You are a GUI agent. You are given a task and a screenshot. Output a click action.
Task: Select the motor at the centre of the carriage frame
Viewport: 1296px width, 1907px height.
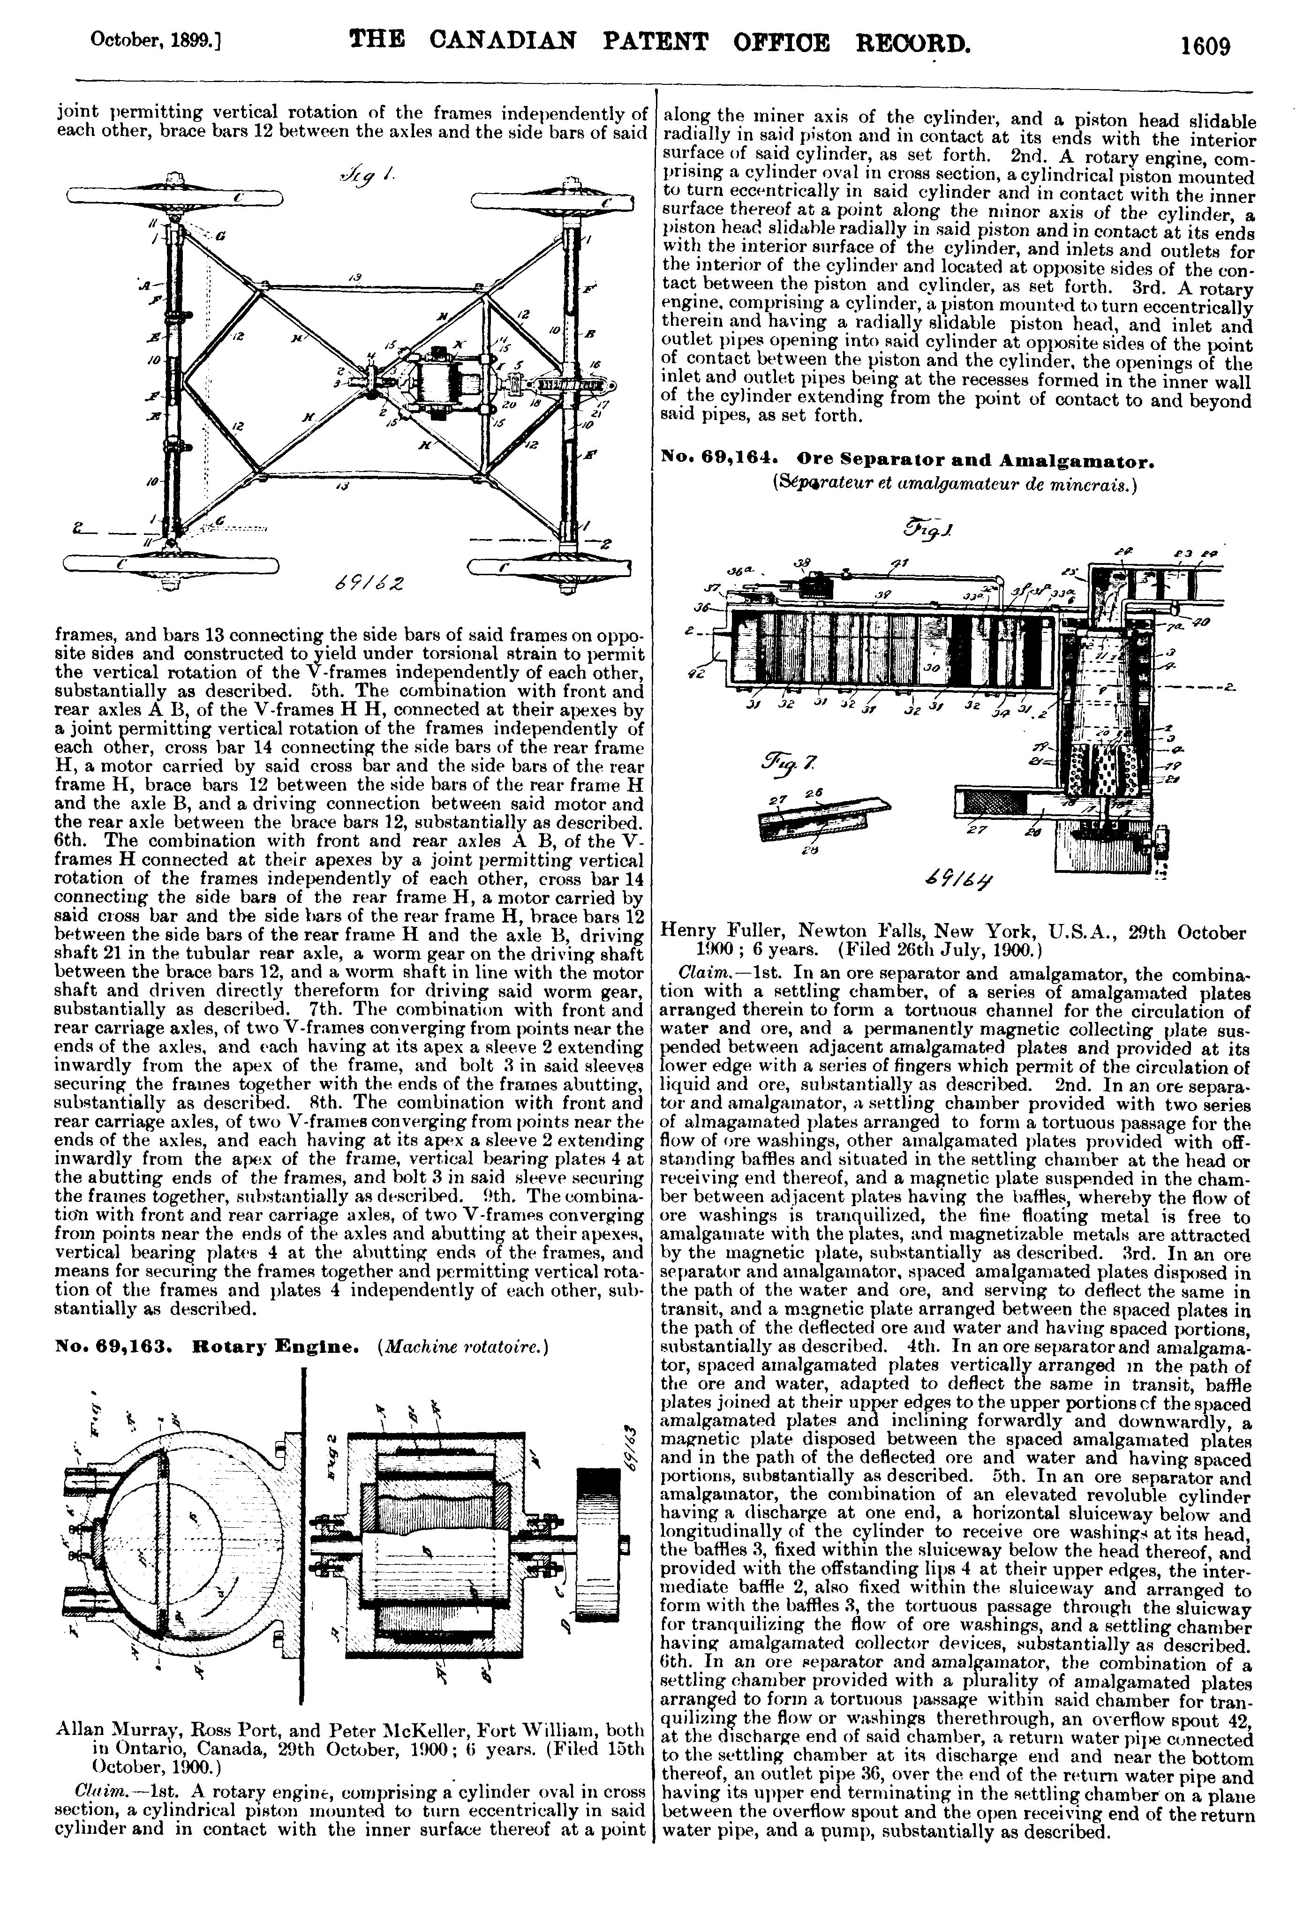pos(447,382)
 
